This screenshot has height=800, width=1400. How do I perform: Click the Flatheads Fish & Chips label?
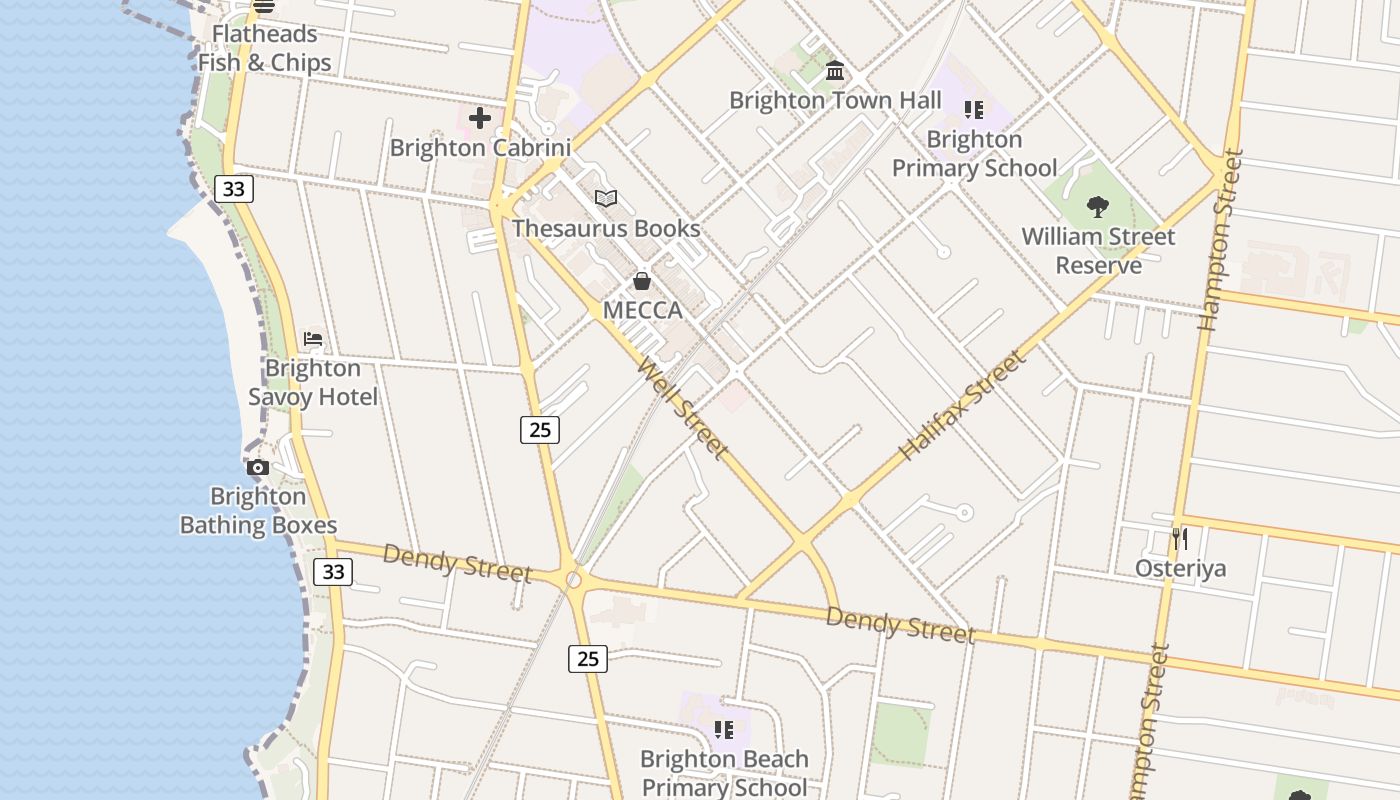pos(264,48)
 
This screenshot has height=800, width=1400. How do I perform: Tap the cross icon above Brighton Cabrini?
pos(480,118)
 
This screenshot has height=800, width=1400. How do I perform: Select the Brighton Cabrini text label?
pos(480,148)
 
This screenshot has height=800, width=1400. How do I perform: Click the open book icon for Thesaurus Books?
pos(606,198)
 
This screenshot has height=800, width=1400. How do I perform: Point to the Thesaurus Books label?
pos(606,228)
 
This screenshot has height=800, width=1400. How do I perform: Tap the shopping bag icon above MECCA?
pos(642,281)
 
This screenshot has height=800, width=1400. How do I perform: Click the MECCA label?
pos(642,310)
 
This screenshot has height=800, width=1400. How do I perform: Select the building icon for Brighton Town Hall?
pos(835,71)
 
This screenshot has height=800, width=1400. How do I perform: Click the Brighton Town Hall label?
pos(835,100)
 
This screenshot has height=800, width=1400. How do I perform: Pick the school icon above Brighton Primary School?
pos(974,109)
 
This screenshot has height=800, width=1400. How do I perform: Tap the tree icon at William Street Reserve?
pos(1098,207)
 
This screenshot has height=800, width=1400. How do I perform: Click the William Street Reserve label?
pos(1098,251)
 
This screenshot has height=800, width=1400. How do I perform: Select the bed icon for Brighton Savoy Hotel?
pos(313,339)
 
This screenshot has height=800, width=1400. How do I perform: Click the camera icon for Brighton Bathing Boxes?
pos(258,467)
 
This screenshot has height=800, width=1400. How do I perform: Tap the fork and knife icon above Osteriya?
pos(1180,539)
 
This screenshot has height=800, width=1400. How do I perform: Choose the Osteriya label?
pos(1180,568)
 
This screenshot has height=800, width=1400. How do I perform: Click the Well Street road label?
pos(682,409)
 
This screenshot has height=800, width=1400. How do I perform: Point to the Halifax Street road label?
pos(963,405)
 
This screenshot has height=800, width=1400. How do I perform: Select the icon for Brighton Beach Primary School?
pos(723,730)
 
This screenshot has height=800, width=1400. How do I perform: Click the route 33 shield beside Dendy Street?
pos(333,572)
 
